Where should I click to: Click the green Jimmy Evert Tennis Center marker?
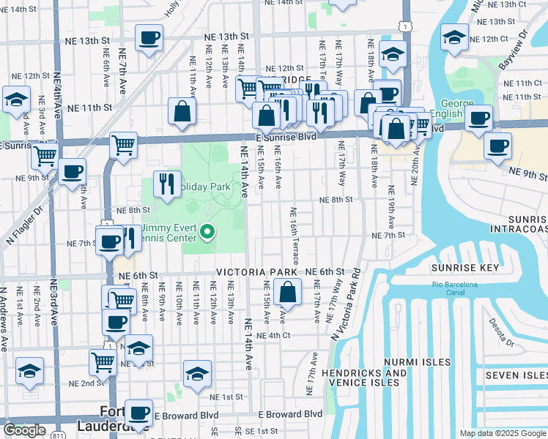tap(207, 233)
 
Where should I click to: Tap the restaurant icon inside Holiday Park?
tap(168, 185)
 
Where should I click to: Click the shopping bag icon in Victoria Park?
tap(289, 292)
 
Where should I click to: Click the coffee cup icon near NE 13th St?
tap(149, 38)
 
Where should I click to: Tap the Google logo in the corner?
tap(24, 430)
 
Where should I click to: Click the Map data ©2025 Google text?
tap(503, 433)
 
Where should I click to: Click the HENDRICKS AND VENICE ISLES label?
tap(363, 378)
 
